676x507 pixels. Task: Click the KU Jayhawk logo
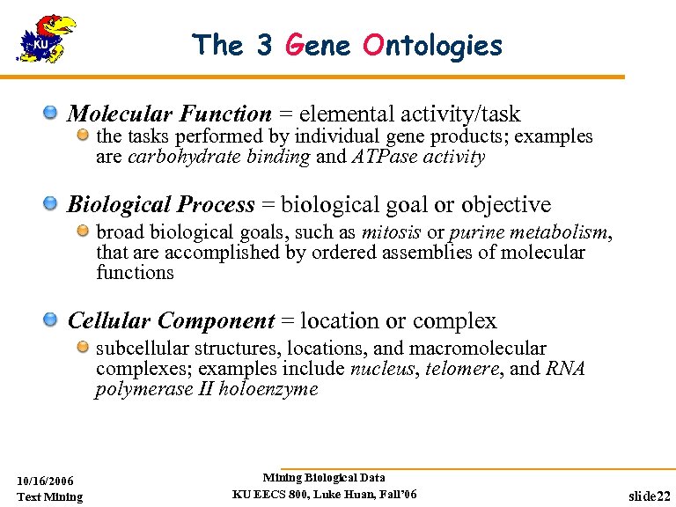click(x=45, y=40)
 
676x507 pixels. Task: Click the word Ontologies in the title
click(x=432, y=45)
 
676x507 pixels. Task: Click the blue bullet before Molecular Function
click(x=52, y=113)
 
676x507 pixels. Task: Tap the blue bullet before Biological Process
click(x=52, y=204)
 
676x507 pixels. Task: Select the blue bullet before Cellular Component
click(x=52, y=320)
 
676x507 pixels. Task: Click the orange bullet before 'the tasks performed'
click(x=82, y=136)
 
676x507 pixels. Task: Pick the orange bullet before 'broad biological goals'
click(x=82, y=231)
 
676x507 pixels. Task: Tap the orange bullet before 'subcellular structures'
click(x=82, y=348)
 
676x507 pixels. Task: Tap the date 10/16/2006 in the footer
click(x=46, y=481)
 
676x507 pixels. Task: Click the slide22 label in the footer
click(x=650, y=496)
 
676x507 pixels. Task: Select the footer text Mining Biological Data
click(x=324, y=478)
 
